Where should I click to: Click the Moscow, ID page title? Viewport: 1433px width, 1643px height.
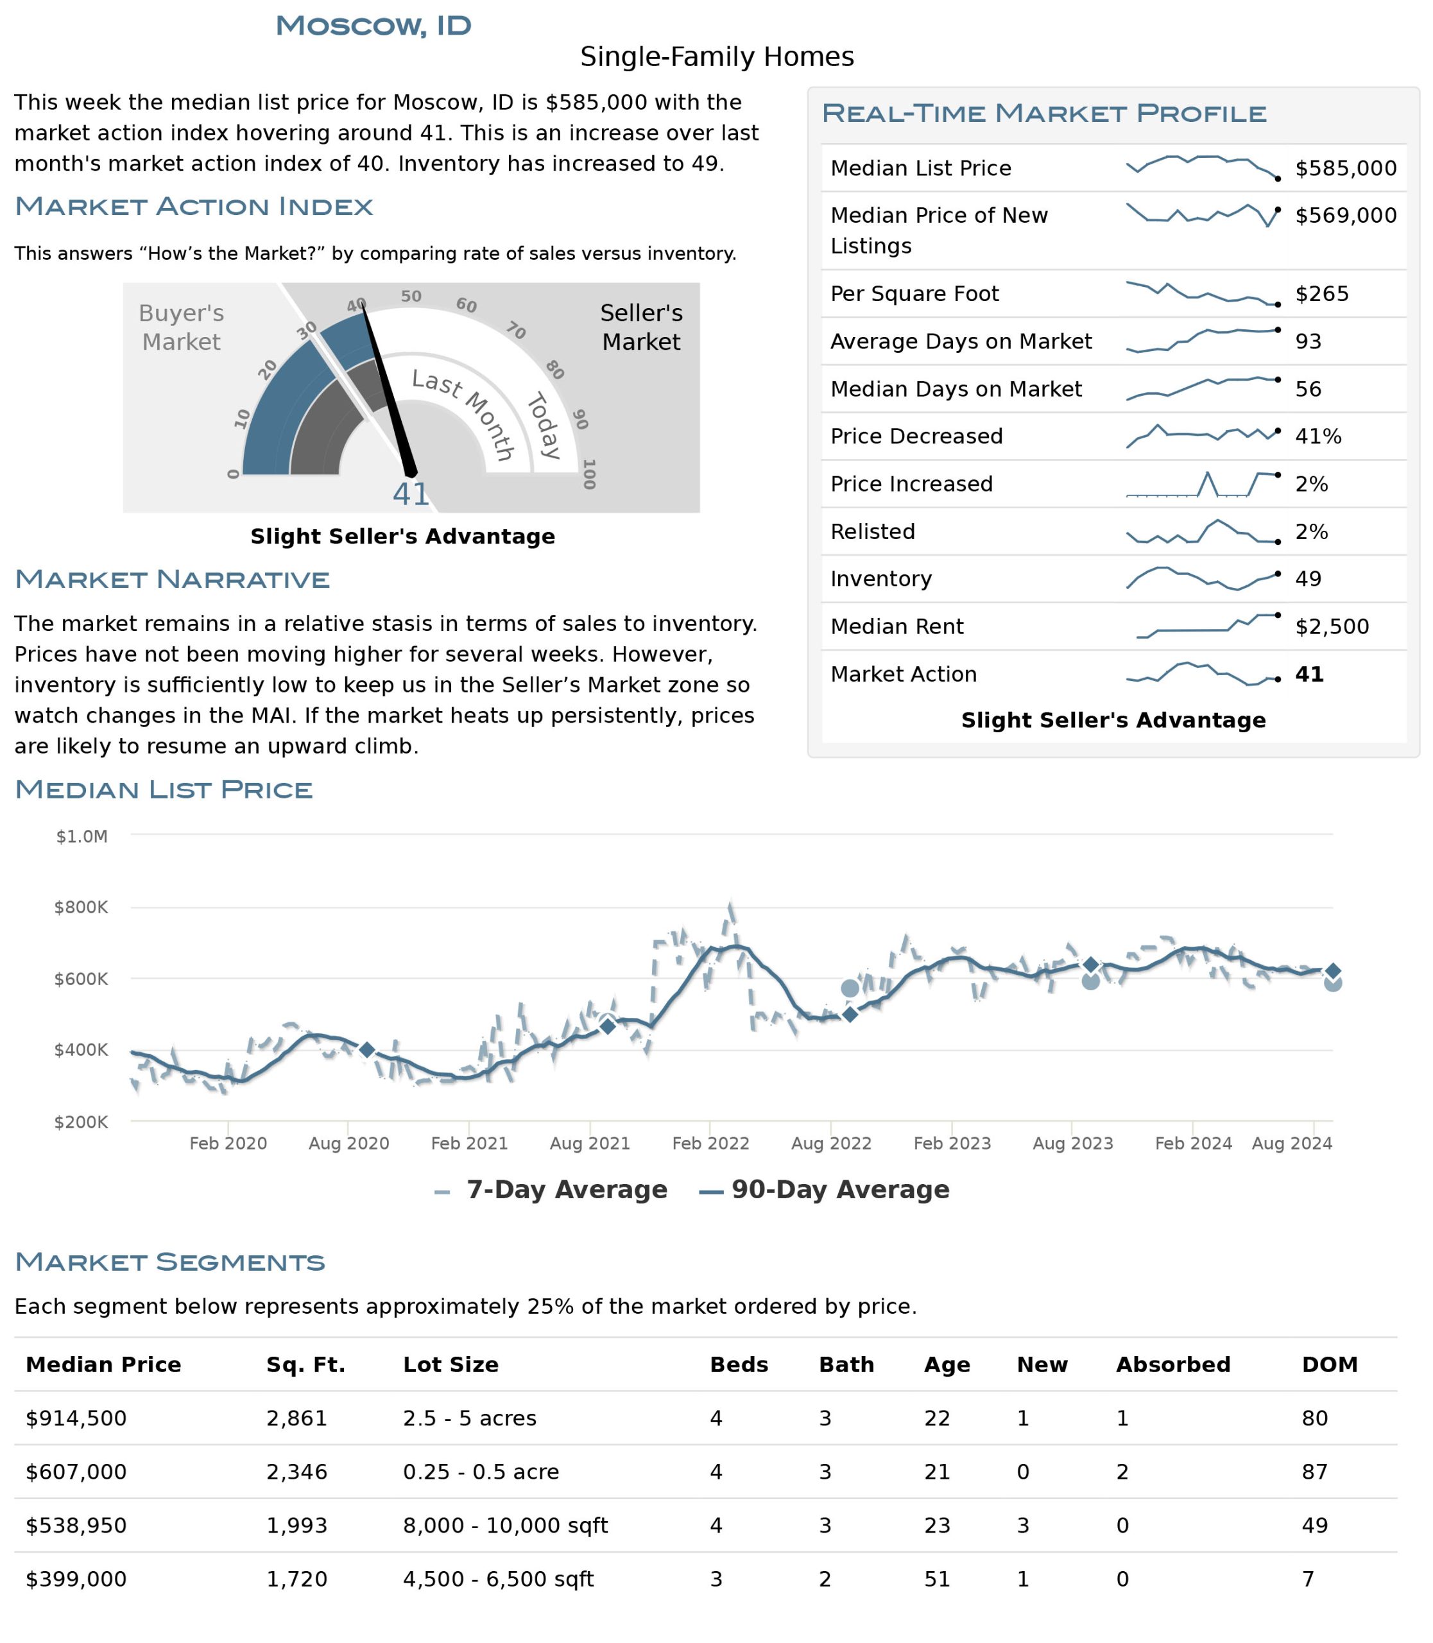pos(373,26)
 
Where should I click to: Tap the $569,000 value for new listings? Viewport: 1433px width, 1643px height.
pos(1346,215)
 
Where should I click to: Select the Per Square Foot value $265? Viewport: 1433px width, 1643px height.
pos(1322,293)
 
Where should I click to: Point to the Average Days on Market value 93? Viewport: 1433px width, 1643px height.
pos(1309,341)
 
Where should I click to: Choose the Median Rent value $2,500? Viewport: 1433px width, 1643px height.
pos(1332,626)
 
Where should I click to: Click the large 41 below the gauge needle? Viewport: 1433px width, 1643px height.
pos(411,494)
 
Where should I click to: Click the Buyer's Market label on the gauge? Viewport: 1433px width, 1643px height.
pos(182,327)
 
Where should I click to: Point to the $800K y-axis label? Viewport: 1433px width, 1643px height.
pos(81,907)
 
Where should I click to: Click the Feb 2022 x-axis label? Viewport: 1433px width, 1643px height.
pos(710,1143)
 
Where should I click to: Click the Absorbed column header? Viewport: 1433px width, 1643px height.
pos(1173,1364)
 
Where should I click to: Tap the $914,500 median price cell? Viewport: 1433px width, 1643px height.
pos(76,1418)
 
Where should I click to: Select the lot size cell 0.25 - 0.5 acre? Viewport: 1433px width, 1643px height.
pos(481,1472)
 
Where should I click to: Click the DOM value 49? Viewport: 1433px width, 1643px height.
pos(1315,1526)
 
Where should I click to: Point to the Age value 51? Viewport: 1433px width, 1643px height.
pos(937,1579)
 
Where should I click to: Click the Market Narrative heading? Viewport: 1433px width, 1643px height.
pos(172,579)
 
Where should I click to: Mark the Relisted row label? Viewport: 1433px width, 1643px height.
pos(872,531)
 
